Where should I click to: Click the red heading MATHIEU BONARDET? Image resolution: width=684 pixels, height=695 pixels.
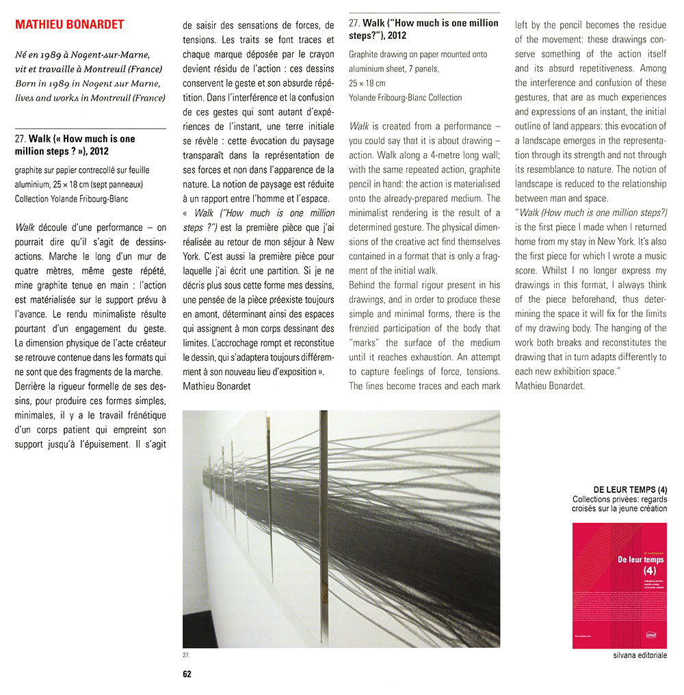point(69,25)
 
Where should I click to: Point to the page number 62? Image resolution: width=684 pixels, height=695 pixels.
point(187,674)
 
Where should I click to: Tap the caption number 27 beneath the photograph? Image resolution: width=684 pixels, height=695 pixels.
point(186,655)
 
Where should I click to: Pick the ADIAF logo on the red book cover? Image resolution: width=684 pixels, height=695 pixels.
point(650,636)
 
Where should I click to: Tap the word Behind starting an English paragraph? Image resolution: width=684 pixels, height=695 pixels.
point(365,284)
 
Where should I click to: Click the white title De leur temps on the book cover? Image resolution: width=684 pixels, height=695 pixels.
point(618,558)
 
